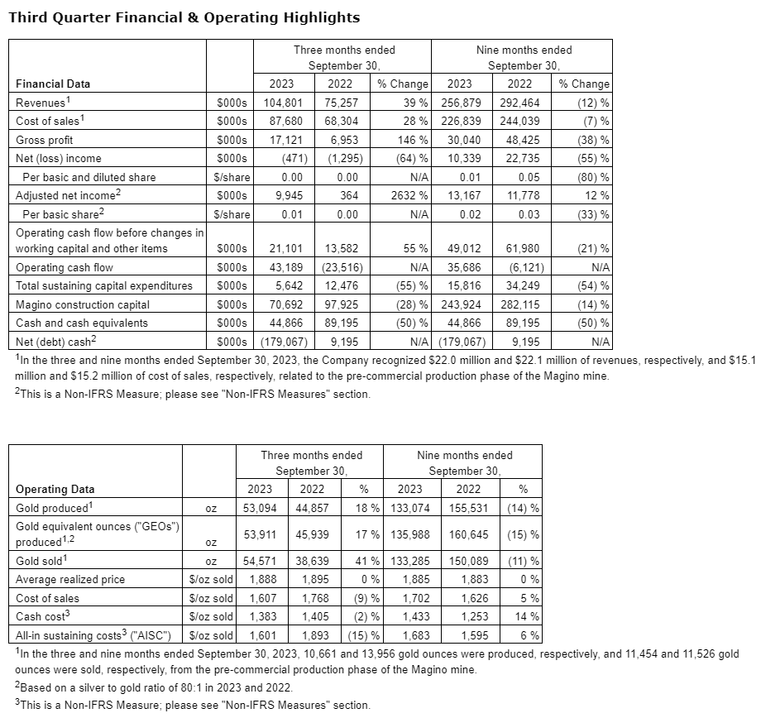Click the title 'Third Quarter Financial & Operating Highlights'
point(184,17)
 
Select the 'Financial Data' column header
point(54,84)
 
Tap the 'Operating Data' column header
point(55,489)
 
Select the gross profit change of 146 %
point(410,139)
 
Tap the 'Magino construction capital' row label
point(82,304)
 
